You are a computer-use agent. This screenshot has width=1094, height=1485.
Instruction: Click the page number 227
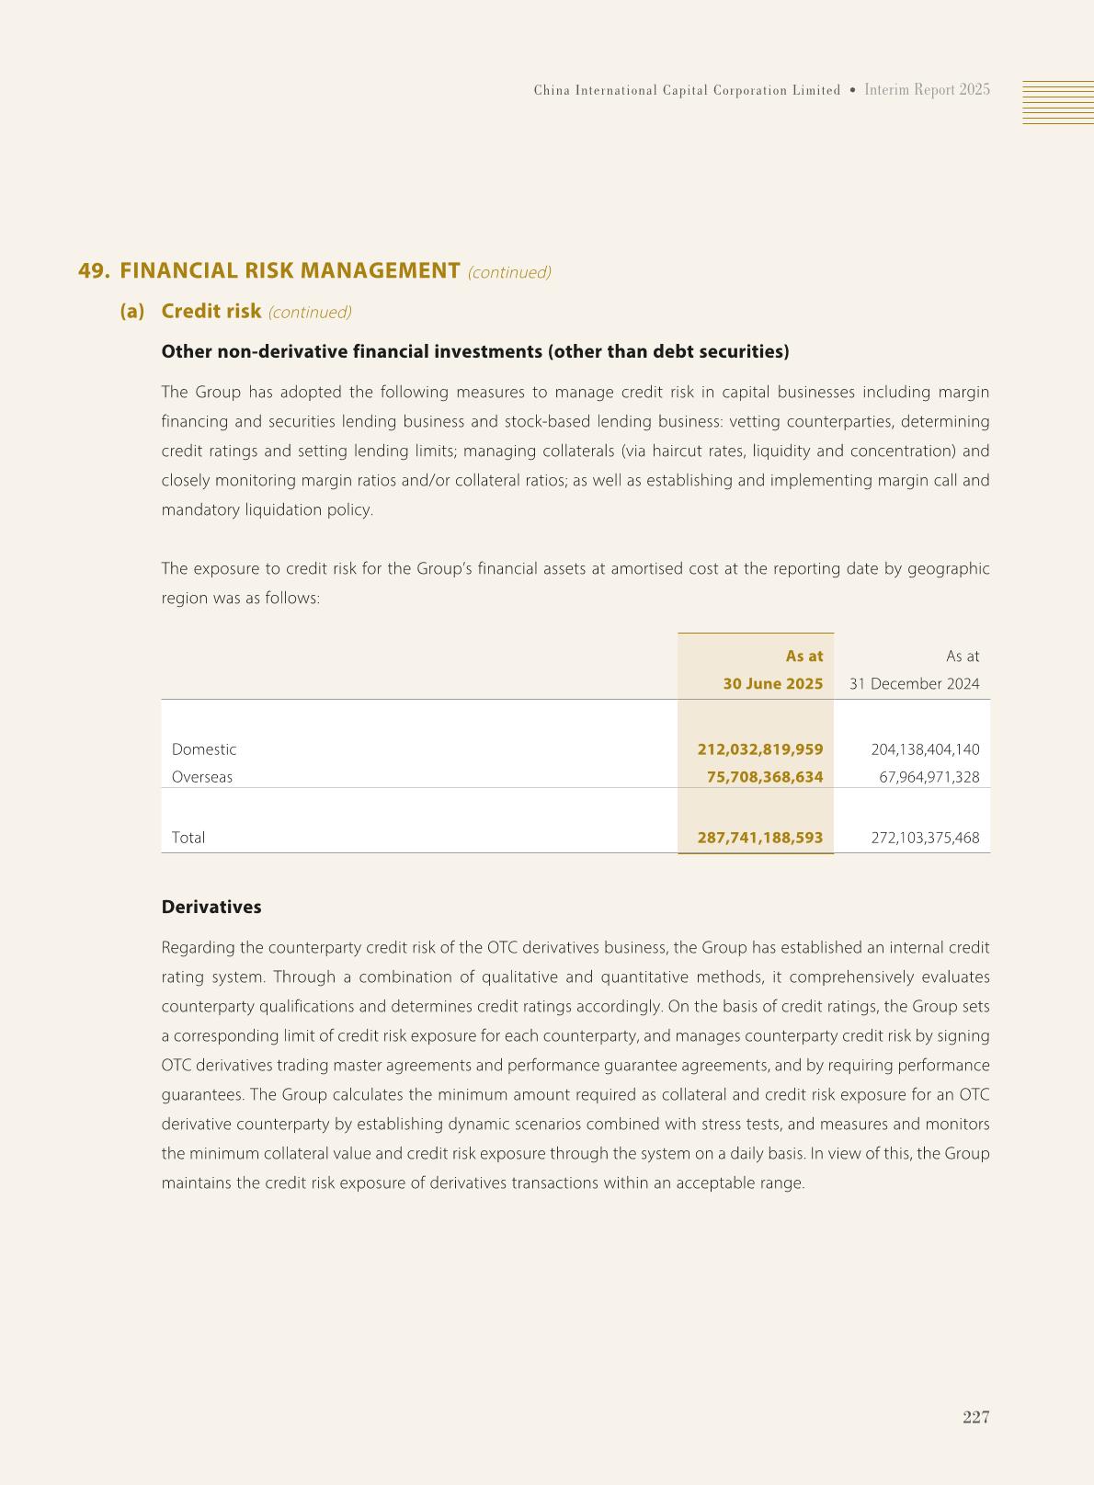point(975,1417)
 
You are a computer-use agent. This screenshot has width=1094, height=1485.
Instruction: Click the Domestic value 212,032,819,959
point(759,749)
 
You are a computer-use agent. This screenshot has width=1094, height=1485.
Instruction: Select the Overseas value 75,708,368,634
point(764,777)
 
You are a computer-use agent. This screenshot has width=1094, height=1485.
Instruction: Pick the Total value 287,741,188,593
point(759,838)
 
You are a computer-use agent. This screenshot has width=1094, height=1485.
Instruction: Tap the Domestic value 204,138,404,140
point(924,749)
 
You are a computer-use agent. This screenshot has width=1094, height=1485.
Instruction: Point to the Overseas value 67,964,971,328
point(929,777)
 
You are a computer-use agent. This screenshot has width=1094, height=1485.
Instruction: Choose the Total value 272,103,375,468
point(924,838)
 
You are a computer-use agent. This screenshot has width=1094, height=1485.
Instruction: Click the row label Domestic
point(204,749)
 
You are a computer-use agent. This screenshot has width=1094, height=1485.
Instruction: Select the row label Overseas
point(202,777)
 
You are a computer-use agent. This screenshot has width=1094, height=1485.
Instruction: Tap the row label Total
point(188,838)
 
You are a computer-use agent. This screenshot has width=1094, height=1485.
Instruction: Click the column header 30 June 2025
point(772,683)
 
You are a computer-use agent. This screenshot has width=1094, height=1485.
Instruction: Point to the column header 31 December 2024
point(914,683)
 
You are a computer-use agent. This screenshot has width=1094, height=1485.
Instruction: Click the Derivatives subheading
point(211,907)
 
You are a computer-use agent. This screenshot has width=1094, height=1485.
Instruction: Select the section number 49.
point(94,271)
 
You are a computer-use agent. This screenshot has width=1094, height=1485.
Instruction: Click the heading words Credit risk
point(211,311)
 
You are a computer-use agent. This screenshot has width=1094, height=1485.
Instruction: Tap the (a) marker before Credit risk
point(132,311)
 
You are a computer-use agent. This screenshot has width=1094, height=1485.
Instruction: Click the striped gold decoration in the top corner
point(1057,101)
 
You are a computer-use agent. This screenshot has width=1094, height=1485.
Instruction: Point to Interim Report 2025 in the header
point(927,90)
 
